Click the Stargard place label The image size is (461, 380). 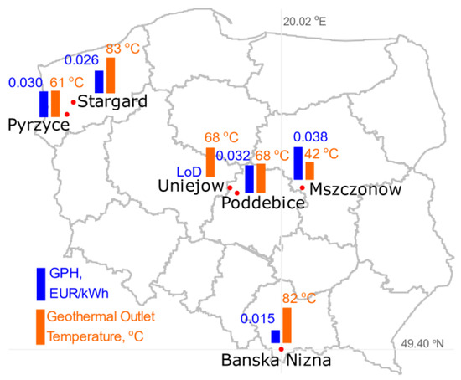[114, 101]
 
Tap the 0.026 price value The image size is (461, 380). [82, 60]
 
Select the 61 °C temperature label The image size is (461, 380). [69, 83]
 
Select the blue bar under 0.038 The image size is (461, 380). [298, 162]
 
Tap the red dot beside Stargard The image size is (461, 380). [73, 103]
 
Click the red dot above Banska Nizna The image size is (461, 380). [282, 348]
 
